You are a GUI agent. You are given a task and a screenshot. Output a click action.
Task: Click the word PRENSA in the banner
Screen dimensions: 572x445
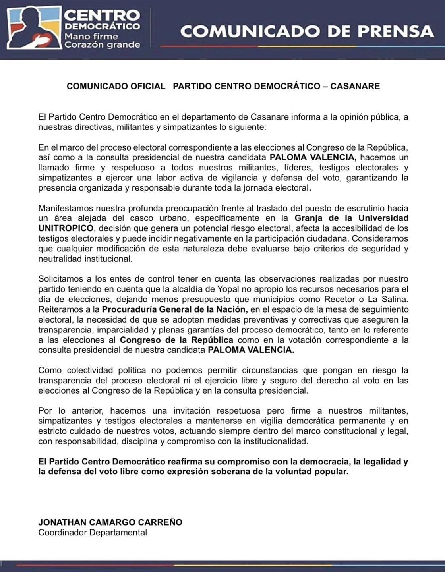[x=391, y=31]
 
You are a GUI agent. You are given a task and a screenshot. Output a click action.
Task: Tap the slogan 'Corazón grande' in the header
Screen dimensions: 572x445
[x=102, y=45]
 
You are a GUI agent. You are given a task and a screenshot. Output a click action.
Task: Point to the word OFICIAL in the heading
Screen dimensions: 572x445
[x=145, y=86]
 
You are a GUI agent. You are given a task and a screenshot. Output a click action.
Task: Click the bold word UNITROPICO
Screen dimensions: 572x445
[x=66, y=228]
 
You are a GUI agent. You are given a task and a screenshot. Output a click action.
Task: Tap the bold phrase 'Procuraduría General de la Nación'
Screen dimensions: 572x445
[x=175, y=309]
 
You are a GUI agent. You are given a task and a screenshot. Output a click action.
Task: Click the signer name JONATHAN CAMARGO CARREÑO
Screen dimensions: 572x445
[x=110, y=522]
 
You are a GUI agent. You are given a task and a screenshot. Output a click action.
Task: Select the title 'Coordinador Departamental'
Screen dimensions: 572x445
[x=93, y=533]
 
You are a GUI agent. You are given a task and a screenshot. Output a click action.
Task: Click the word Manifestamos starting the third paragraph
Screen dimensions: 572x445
[x=65, y=208]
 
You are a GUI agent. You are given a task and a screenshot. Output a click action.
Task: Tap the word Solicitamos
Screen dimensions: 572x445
[x=61, y=279]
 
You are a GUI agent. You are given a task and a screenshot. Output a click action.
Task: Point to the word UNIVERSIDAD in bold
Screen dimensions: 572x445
[x=383, y=218]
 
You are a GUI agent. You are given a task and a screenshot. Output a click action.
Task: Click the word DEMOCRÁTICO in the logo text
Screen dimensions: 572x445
[x=102, y=27]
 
